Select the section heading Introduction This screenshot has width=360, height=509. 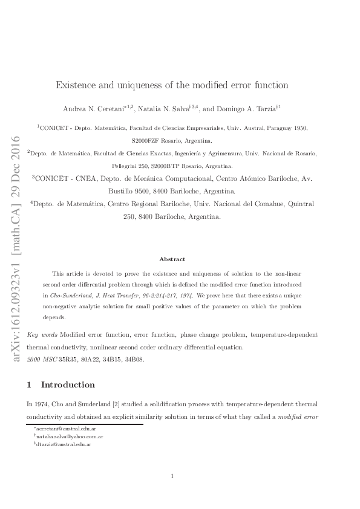pos(67,384)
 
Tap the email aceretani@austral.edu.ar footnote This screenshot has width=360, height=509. pos(62,429)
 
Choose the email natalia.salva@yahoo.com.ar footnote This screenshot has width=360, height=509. pos(68,436)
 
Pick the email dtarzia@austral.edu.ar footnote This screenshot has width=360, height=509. pos(64,444)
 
